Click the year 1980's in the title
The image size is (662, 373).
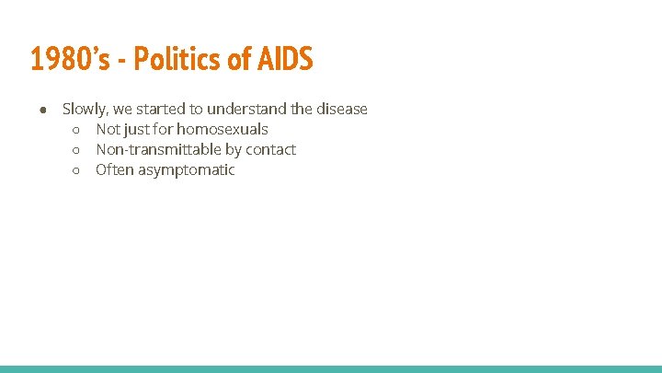pyautogui.click(x=69, y=59)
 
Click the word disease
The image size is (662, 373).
pyautogui.click(x=341, y=110)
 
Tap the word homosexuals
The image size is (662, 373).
pyautogui.click(x=223, y=130)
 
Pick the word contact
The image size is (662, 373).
pyautogui.click(x=270, y=150)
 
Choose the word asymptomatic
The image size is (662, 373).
pyautogui.click(x=187, y=170)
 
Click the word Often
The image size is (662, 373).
pyautogui.click(x=115, y=170)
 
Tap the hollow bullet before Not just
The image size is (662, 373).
pyautogui.click(x=77, y=130)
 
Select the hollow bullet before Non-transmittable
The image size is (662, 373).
pyautogui.click(x=77, y=150)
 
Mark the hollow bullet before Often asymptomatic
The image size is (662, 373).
pyautogui.click(x=77, y=170)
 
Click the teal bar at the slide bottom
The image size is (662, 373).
pyautogui.click(x=331, y=368)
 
